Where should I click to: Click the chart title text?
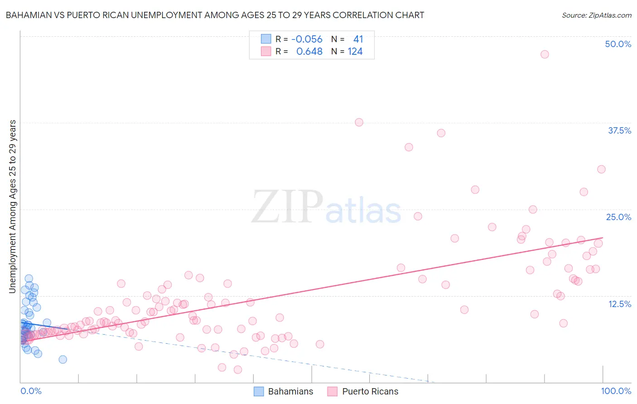(x=215, y=15)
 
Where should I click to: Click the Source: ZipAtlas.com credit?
(x=596, y=15)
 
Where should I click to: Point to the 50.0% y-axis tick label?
(x=618, y=44)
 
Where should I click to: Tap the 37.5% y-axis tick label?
(x=619, y=130)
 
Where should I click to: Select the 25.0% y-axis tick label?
(x=618, y=217)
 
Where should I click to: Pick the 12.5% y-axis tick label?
(x=619, y=304)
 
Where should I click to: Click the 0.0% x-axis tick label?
(x=31, y=391)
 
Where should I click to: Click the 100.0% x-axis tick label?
(x=616, y=391)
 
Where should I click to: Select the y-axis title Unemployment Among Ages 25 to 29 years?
(x=13, y=207)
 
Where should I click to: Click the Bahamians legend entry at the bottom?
(x=284, y=391)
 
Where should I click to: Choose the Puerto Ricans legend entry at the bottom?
(x=363, y=391)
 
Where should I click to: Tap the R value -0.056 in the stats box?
(x=307, y=39)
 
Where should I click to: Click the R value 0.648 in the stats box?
(x=309, y=52)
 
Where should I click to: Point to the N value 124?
(x=355, y=52)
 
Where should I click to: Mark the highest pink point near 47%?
(x=545, y=54)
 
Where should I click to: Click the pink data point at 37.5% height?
(x=359, y=122)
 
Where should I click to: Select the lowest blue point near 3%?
(x=63, y=360)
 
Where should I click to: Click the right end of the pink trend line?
(x=603, y=237)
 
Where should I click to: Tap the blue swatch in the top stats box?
(x=266, y=39)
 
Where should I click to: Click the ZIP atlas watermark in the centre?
(x=326, y=207)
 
